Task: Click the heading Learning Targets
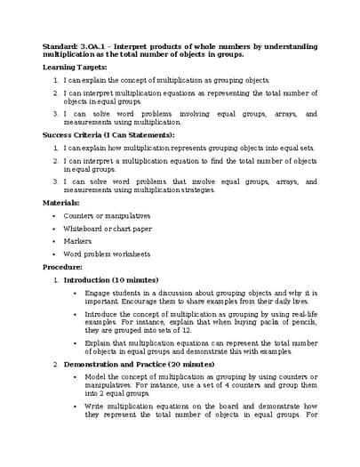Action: point(75,67)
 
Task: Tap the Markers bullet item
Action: point(78,240)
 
